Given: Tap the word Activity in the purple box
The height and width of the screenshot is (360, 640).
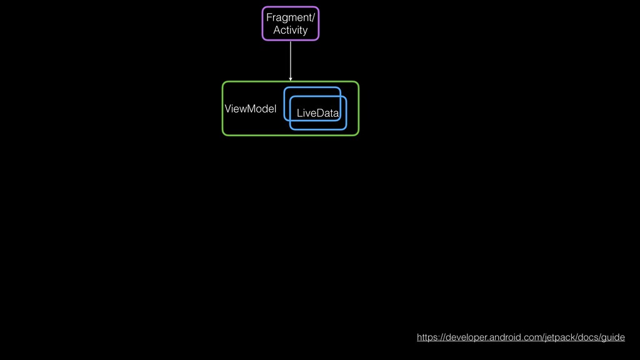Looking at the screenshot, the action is [290, 30].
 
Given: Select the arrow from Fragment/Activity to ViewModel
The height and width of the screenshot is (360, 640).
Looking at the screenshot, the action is [291, 59].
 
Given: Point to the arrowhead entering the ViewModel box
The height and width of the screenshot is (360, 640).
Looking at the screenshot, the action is [291, 79].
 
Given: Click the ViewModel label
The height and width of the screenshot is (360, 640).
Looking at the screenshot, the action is [250, 109].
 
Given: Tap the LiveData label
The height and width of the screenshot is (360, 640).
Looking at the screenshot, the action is [317, 113].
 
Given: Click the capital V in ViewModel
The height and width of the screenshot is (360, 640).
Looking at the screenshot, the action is [228, 109].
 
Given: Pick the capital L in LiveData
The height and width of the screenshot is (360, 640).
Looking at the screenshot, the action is [299, 113].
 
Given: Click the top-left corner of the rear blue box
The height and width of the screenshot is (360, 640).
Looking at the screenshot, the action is [286, 89].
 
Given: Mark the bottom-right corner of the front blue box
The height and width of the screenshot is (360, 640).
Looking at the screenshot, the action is [345, 128].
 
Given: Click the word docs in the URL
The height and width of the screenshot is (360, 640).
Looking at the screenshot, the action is [590, 337].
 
